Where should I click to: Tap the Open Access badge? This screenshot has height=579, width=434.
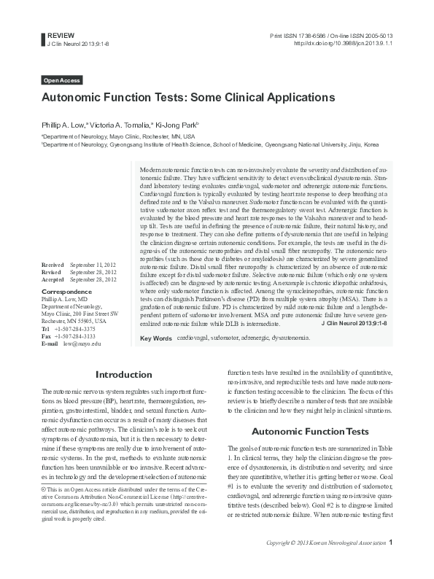coord(62,80)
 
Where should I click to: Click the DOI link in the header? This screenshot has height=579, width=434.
coord(344,43)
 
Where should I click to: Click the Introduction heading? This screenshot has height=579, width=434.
coord(123,375)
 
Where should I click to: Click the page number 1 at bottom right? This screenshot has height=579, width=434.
coord(391,563)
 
